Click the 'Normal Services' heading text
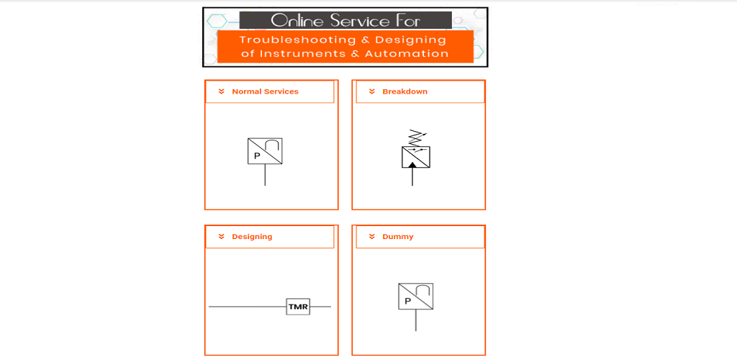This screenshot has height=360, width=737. point(265,91)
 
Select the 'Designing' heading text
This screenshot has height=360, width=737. point(252,237)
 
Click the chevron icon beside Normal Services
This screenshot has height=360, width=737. point(222,91)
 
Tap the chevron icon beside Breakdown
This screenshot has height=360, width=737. point(372,91)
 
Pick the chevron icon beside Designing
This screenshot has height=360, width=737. point(222,237)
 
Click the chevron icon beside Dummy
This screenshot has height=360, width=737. point(372,237)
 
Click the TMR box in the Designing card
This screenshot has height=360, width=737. point(298,307)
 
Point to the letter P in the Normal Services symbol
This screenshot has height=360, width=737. point(257,156)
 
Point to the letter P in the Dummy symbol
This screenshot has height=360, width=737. point(407,301)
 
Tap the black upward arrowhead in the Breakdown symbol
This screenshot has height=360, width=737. point(412,165)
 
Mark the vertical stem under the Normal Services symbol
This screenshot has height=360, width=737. point(265,175)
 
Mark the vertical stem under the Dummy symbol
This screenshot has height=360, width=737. point(415,320)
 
